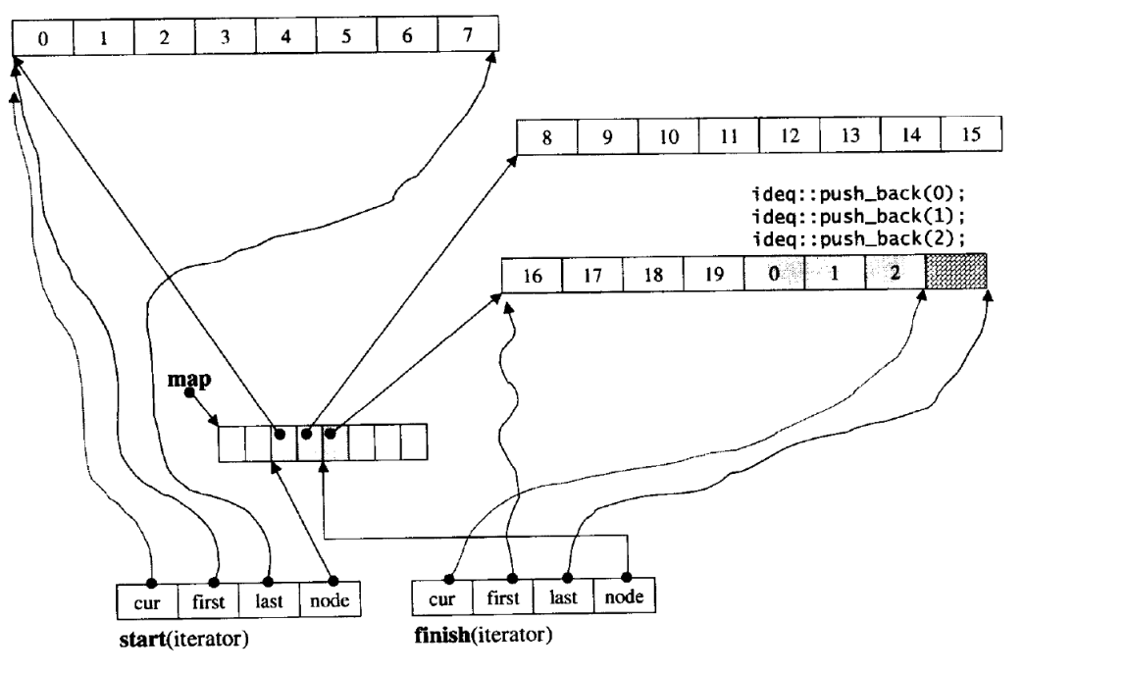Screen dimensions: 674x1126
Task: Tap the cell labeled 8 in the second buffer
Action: pyautogui.click(x=545, y=134)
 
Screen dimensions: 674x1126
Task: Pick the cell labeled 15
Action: pyautogui.click(x=970, y=134)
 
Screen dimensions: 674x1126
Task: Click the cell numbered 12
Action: pyautogui.click(x=789, y=134)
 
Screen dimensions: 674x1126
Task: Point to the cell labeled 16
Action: pyautogui.click(x=531, y=275)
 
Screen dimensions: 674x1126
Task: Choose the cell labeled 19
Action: pyautogui.click(x=713, y=275)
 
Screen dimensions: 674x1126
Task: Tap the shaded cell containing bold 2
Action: pyautogui.click(x=895, y=274)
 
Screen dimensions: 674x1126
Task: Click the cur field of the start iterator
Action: pyautogui.click(x=147, y=597)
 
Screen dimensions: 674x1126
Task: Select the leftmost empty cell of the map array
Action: pyautogui.click(x=231, y=442)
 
